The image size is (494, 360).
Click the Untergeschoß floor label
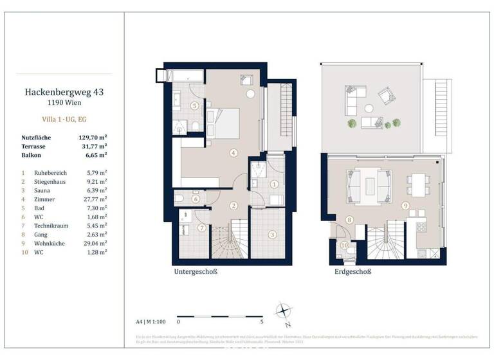tap(196, 272)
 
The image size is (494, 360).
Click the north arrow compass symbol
tap(283, 312)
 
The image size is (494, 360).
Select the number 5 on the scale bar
tap(262, 320)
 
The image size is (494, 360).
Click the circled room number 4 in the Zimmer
tap(234, 152)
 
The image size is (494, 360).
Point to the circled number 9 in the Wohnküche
tap(405, 206)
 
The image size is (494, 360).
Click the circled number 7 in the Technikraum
tap(202, 228)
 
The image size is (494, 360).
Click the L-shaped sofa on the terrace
tap(355, 98)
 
